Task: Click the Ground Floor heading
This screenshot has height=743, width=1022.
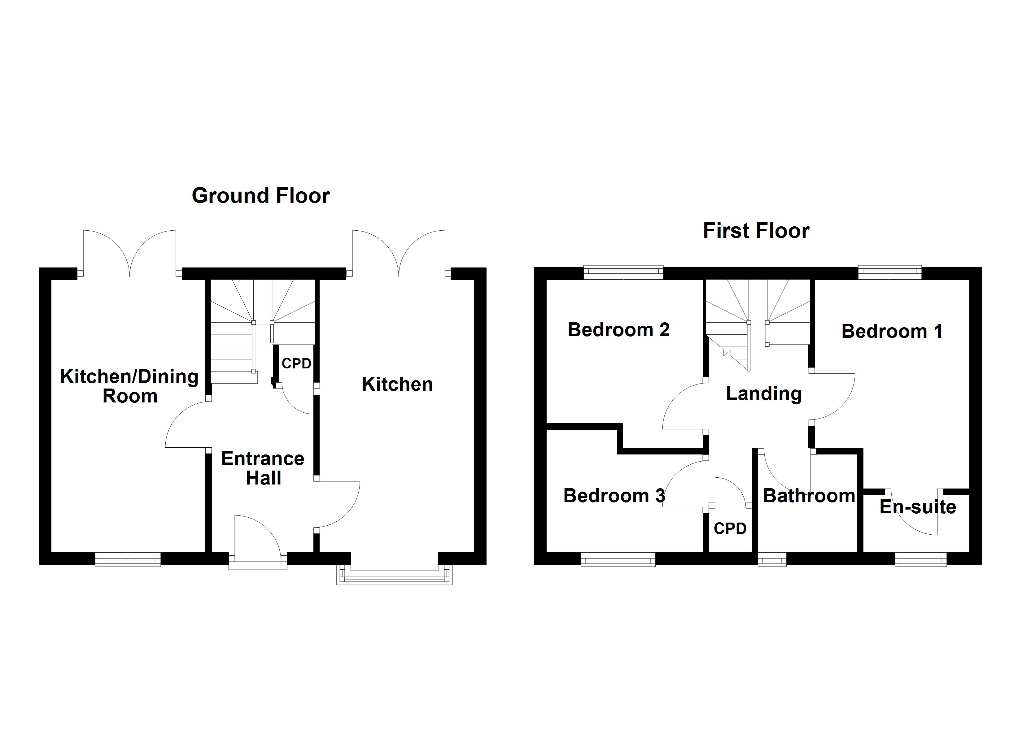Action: pos(261,196)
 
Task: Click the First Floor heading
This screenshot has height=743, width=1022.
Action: pos(756,231)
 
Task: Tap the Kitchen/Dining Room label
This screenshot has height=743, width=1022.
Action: pos(130,386)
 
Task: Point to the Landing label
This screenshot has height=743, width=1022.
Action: pos(764,394)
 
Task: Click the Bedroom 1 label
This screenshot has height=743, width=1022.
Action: pos(892,332)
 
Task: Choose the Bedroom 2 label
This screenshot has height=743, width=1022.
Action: pos(619,330)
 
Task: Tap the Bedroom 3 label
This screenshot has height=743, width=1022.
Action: pos(614,496)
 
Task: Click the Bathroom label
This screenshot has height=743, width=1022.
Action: pos(809,496)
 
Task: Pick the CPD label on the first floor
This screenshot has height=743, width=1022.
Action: pos(730,528)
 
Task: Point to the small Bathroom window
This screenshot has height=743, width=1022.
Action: pos(772,559)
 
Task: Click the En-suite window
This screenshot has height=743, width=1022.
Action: pos(921,559)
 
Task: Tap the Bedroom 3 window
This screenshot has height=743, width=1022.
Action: pos(618,559)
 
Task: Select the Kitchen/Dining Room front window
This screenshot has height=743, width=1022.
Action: pos(128,559)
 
